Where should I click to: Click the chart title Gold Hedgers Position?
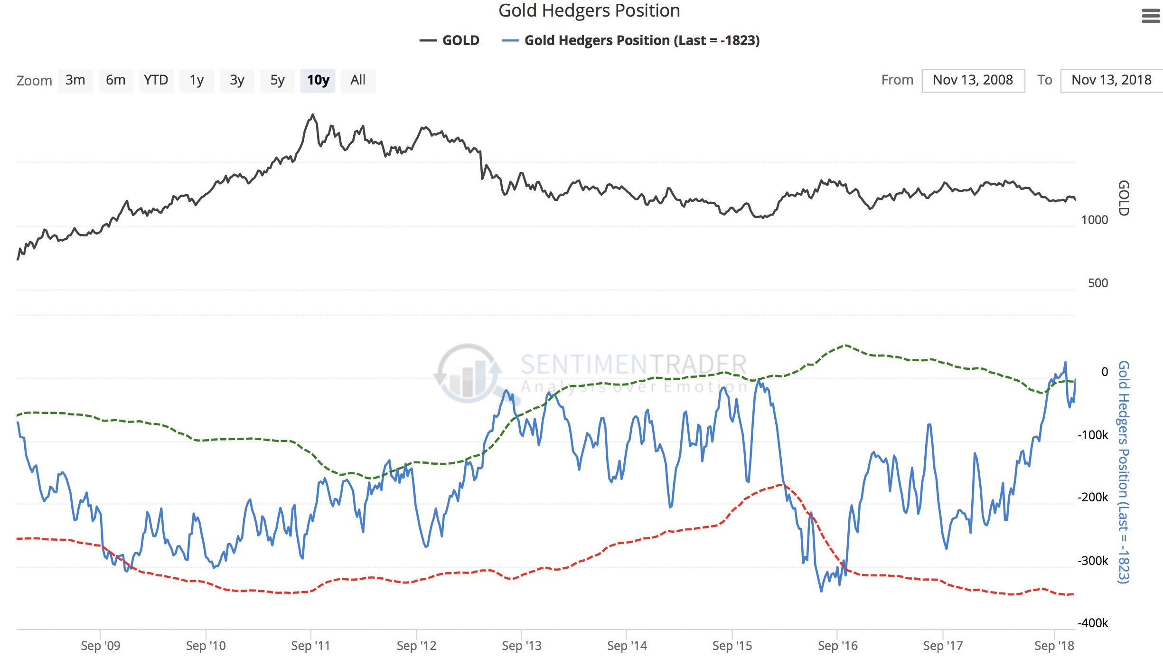click(589, 10)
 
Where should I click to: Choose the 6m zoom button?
click(115, 80)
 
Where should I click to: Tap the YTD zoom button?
click(156, 80)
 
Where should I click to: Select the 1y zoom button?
click(197, 80)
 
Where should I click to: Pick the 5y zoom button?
click(277, 80)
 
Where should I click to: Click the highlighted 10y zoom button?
click(318, 80)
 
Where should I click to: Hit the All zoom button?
click(358, 80)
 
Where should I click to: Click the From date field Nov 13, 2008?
click(973, 80)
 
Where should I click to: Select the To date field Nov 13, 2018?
click(1111, 80)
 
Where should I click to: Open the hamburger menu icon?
click(1151, 17)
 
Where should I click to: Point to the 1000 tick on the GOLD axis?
click(1094, 220)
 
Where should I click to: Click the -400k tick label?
click(1092, 623)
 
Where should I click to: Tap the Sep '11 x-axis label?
click(310, 646)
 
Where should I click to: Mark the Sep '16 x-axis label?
click(837, 646)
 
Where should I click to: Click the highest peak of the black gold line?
click(312, 114)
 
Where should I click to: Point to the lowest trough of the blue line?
click(821, 591)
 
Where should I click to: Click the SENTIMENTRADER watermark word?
click(633, 365)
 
